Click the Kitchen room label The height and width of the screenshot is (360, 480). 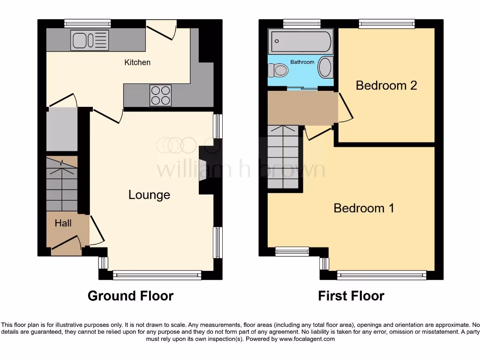click(x=137, y=62)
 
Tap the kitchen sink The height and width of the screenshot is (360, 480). click(x=89, y=40)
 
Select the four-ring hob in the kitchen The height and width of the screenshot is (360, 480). click(x=160, y=95)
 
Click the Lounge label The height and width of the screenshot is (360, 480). click(x=149, y=195)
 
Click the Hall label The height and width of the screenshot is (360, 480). click(x=63, y=223)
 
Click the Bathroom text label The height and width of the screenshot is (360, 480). click(x=302, y=62)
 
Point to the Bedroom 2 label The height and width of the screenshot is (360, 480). click(x=386, y=85)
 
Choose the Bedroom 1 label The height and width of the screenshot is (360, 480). click(x=363, y=208)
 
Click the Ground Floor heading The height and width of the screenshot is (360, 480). click(x=130, y=296)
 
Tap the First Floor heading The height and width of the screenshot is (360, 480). click(x=351, y=296)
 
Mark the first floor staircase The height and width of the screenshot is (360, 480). click(x=283, y=157)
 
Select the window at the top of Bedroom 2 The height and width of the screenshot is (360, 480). click(x=387, y=23)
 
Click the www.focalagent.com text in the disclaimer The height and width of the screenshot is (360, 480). click(x=307, y=339)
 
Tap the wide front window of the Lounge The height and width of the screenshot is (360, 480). click(x=157, y=275)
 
